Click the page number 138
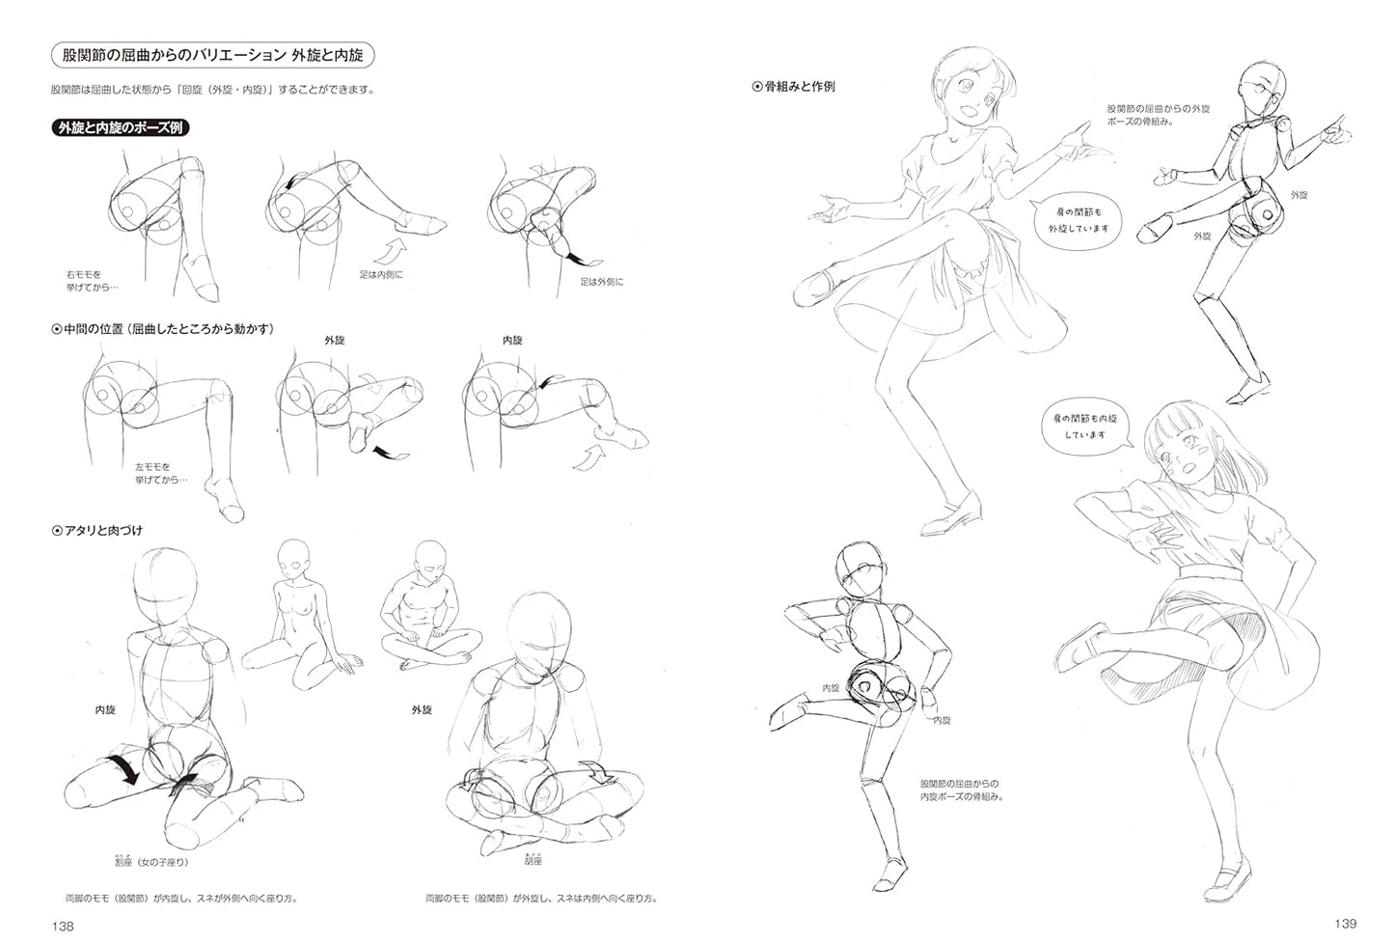coord(64,926)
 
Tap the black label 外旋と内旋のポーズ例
coord(121,127)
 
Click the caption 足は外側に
coord(601,282)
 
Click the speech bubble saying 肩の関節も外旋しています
coord(1071,221)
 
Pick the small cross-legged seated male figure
coord(425,621)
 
